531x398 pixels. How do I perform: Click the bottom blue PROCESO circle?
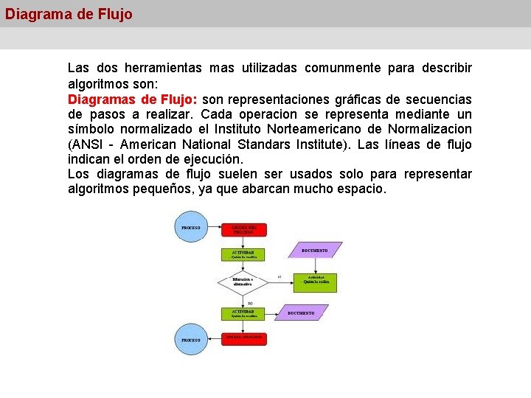click(x=190, y=340)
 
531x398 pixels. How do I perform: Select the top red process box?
click(x=244, y=229)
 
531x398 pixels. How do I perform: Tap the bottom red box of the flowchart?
click(x=244, y=338)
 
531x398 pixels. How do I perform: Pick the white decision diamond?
click(x=243, y=282)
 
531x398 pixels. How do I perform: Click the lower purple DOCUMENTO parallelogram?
click(x=301, y=313)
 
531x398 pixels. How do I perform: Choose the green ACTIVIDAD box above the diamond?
click(x=243, y=254)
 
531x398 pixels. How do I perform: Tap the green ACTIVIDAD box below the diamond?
click(x=243, y=313)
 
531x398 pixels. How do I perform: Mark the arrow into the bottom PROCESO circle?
click(x=214, y=339)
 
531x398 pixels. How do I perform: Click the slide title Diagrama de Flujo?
click(x=69, y=14)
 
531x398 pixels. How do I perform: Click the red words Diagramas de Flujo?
click(x=131, y=99)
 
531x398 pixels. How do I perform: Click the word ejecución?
click(x=209, y=159)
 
